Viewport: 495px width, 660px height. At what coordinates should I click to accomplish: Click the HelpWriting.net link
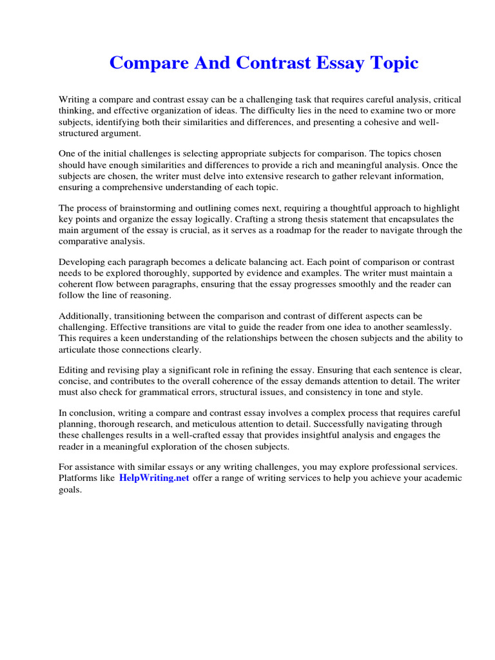click(x=154, y=478)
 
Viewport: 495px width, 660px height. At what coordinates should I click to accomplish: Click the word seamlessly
click(x=429, y=327)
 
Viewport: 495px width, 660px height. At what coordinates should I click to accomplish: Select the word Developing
click(x=81, y=262)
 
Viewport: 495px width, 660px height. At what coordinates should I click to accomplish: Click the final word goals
click(x=70, y=489)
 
